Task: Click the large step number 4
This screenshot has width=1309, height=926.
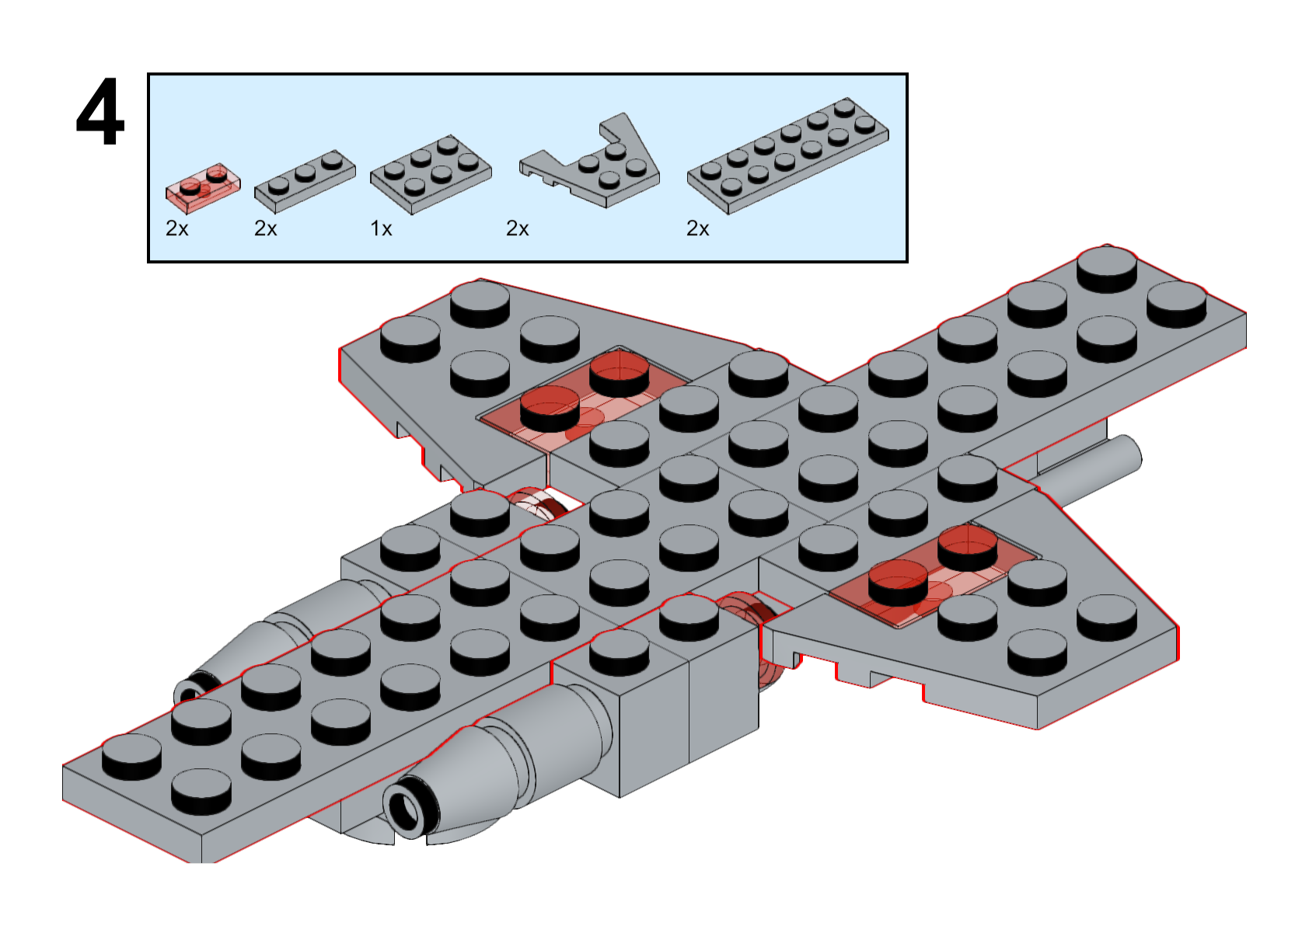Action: [x=100, y=112]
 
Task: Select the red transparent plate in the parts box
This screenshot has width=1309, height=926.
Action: [x=202, y=186]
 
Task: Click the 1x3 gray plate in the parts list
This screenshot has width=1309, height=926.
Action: [x=305, y=180]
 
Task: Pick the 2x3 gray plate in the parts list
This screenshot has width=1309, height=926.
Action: [x=430, y=175]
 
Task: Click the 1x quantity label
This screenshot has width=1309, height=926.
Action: [x=381, y=228]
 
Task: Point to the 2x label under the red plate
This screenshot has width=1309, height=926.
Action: [x=177, y=228]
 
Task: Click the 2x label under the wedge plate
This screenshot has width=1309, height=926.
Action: [x=517, y=228]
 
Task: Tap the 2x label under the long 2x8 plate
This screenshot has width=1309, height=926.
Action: [x=697, y=228]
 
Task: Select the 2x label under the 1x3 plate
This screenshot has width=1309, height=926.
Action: [x=266, y=228]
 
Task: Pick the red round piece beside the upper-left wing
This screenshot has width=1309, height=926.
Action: [x=536, y=501]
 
